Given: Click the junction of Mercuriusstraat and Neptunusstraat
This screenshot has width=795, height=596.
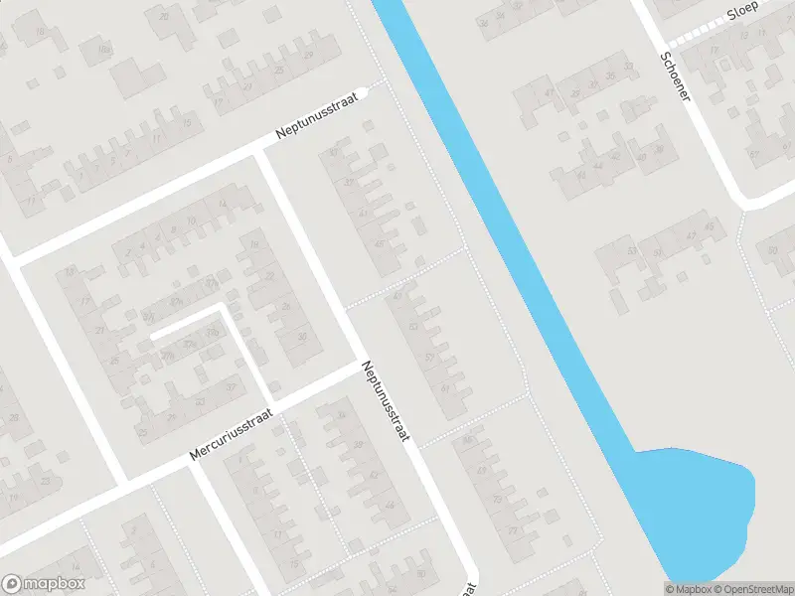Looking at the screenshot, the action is (x=359, y=366).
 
